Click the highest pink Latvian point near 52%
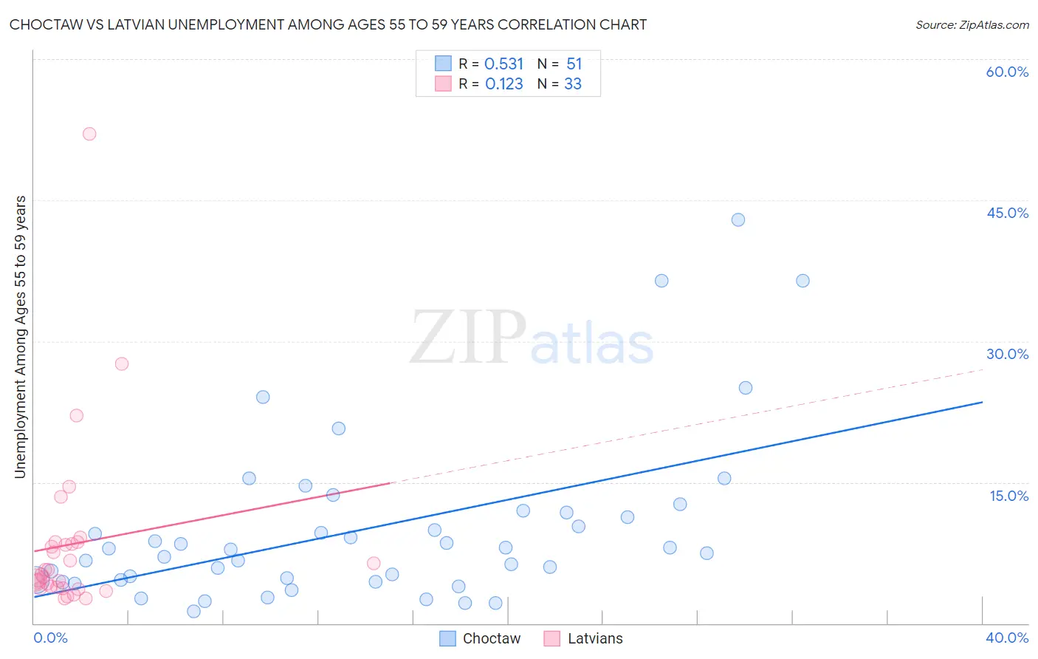pos(89,134)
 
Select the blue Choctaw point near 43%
pos(738,219)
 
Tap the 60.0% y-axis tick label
pos(1007,72)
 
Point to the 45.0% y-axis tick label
pos(1007,213)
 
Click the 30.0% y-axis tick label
pos(1007,354)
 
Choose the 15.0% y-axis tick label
pos(1008,496)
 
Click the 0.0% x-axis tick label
pos(50,638)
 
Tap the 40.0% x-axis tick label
pos(1007,638)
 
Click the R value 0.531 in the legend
pos(503,64)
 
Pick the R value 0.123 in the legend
pos(503,84)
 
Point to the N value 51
pos(574,64)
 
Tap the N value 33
pos(573,84)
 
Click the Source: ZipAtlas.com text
pos(972,25)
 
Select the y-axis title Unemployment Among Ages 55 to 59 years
pos(20,336)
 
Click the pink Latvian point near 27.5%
pos(122,363)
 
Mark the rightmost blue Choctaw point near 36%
pos(802,281)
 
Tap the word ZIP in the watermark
pos(468,338)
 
